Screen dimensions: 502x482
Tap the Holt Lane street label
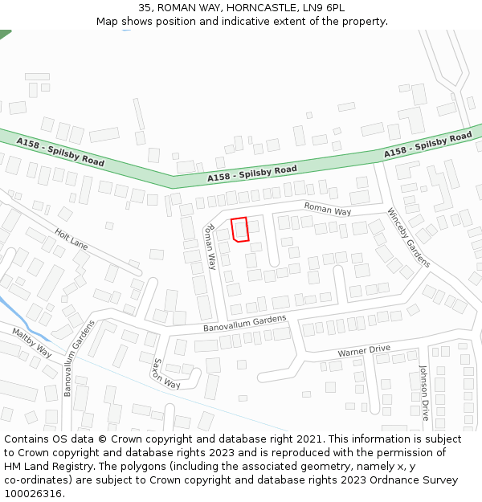pos(71,239)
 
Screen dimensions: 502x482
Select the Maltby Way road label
pos(31,342)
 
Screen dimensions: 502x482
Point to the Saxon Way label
pos(166,371)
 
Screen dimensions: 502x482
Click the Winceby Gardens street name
pos(408,238)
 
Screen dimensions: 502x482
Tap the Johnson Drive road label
pos(424,393)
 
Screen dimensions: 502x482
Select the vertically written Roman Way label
pos(210,246)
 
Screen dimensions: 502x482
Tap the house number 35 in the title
pos(145,7)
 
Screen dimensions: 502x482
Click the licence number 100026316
pos(33,494)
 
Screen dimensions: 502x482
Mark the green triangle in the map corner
pos(4,34)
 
